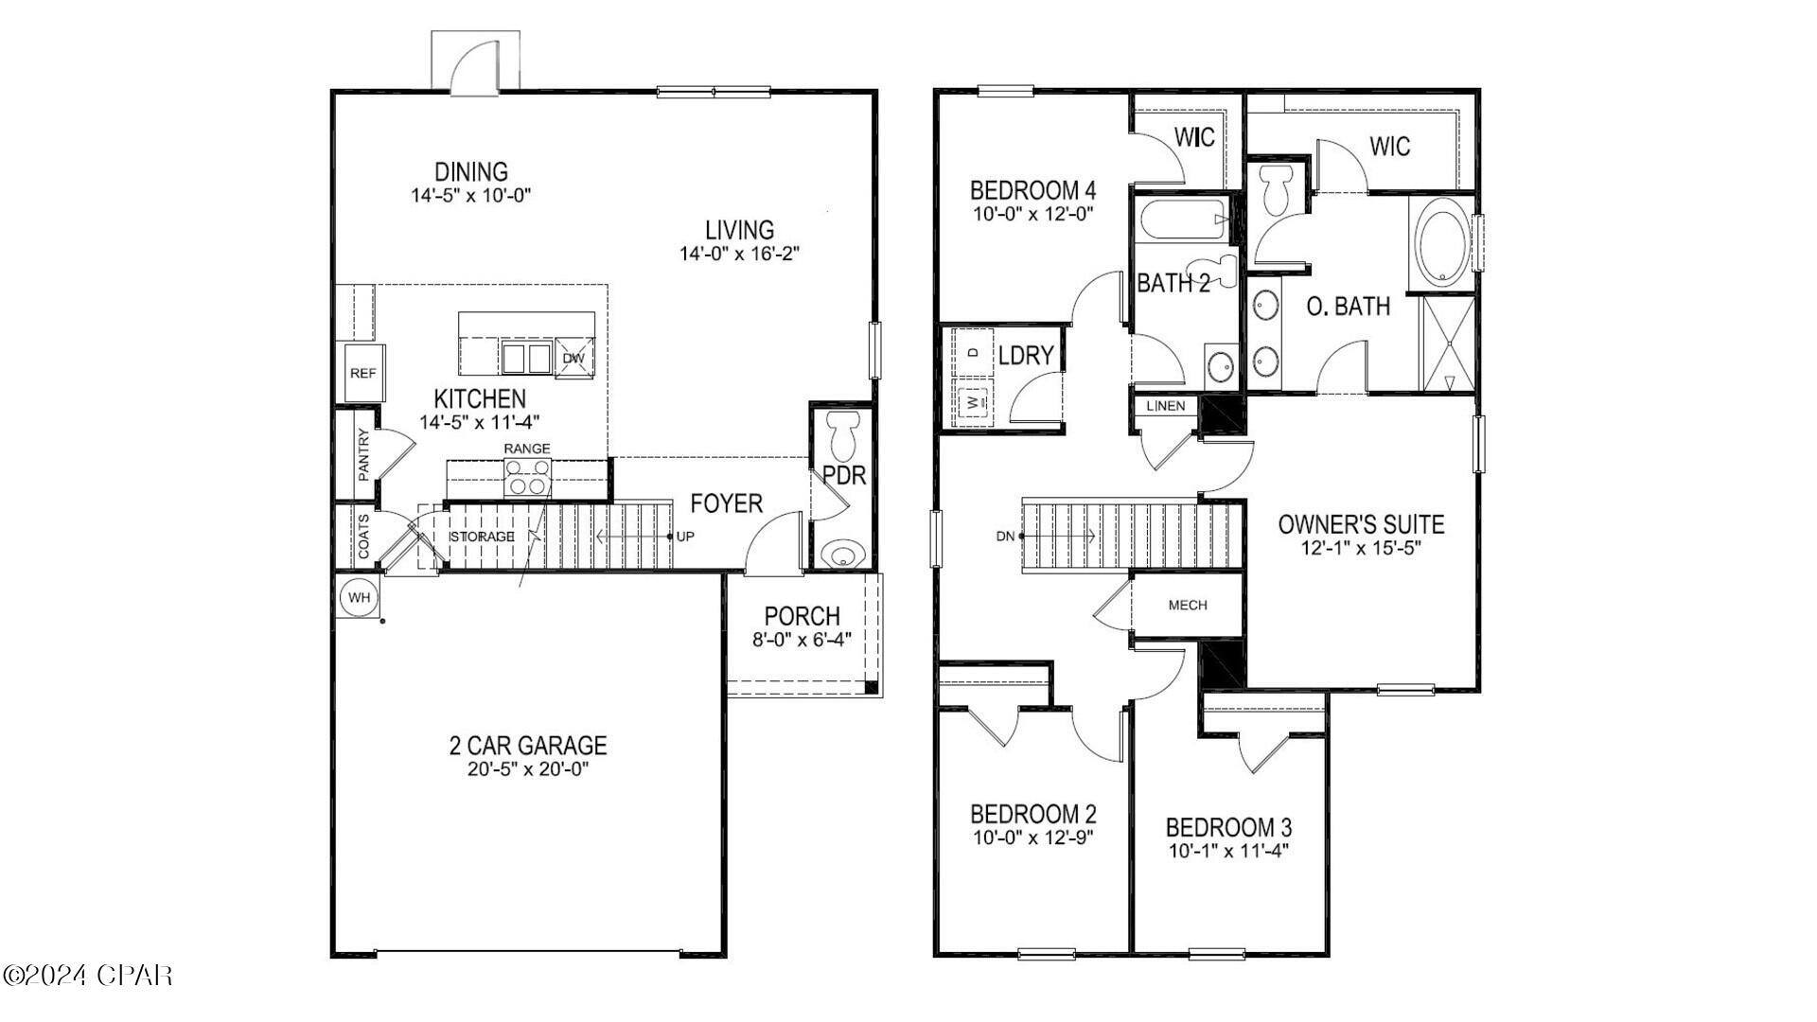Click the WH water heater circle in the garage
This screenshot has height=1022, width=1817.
358,598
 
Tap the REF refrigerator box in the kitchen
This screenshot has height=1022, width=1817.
362,373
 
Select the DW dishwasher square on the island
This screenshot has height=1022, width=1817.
573,359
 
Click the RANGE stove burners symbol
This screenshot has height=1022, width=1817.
528,476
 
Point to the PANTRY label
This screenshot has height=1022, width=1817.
363,455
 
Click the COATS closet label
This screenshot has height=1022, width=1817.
363,537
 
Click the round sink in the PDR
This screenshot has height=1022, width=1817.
840,554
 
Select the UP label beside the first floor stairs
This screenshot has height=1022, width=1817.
685,537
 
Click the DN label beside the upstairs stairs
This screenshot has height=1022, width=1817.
1005,537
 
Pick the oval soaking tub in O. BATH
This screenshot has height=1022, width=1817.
1441,244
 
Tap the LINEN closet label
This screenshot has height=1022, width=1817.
1165,406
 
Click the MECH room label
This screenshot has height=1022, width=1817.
1187,606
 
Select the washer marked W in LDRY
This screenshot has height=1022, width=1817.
973,402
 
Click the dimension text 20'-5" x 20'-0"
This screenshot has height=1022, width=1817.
527,769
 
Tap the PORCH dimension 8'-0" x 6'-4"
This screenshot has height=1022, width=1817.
802,640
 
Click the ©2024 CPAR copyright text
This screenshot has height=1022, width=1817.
88,975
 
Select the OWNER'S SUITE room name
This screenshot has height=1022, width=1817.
1361,524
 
